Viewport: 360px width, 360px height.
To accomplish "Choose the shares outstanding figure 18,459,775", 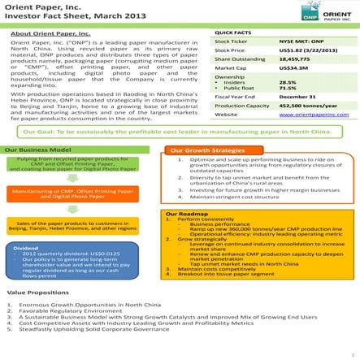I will coord(295,60).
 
